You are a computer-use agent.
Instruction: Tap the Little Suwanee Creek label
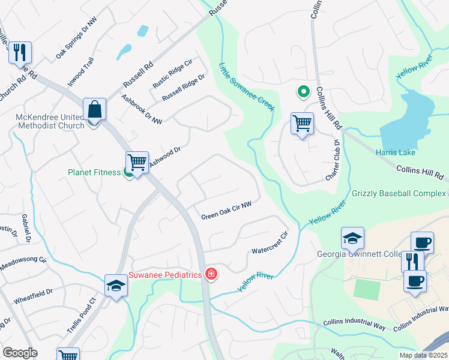[x=246, y=87]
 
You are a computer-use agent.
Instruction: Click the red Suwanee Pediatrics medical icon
[x=211, y=274]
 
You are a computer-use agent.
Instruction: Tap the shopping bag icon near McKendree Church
[x=95, y=110]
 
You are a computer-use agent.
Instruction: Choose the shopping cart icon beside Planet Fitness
[x=137, y=161]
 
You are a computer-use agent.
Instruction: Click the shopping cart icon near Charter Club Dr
[x=302, y=124]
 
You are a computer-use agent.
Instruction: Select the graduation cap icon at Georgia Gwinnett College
[x=352, y=239]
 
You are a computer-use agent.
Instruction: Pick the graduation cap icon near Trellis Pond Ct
[x=116, y=286]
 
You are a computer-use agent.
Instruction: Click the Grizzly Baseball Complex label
[x=399, y=194]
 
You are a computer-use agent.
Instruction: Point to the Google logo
[x=20, y=353]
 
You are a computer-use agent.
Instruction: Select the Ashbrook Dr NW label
[x=142, y=109]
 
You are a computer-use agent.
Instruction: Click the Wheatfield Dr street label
[x=33, y=295]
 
